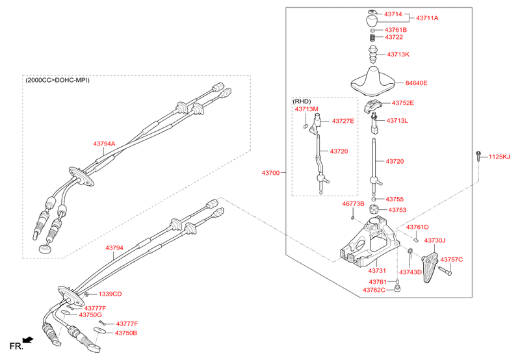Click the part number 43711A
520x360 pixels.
(x=427, y=18)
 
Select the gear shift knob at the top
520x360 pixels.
(x=372, y=18)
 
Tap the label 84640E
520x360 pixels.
(x=416, y=83)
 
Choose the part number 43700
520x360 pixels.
(x=270, y=173)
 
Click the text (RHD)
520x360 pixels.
(x=302, y=101)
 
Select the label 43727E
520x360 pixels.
(x=343, y=121)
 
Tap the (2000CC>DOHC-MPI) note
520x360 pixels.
(x=57, y=81)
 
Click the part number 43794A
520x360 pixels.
(x=104, y=144)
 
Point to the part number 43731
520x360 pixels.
(x=378, y=270)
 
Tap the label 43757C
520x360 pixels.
(x=451, y=260)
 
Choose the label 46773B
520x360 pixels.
(x=353, y=204)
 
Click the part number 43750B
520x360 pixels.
(x=125, y=333)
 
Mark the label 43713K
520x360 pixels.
(x=398, y=55)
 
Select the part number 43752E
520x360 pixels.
(x=402, y=103)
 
